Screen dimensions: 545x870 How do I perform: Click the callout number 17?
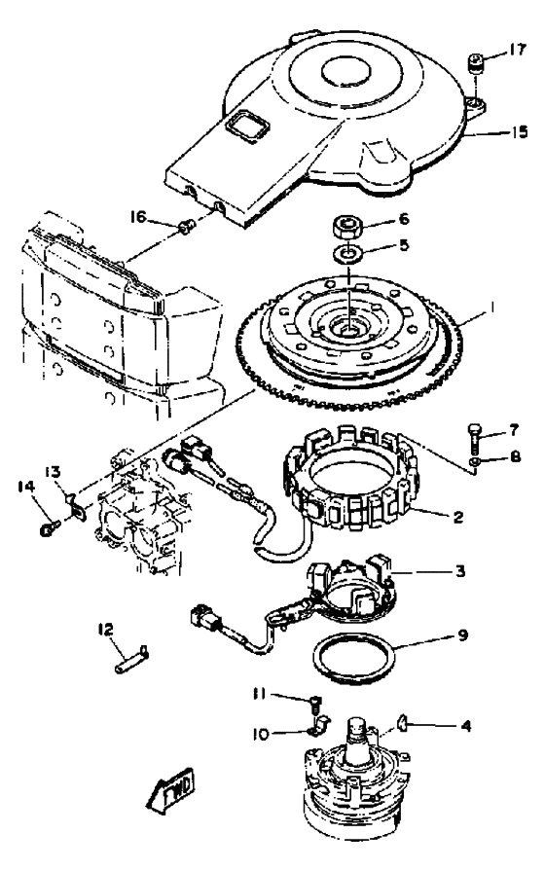[x=516, y=50]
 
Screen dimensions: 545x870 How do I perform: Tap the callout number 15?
[x=520, y=132]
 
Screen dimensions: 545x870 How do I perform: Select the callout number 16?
[x=138, y=216]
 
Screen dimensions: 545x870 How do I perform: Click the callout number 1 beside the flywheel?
[x=490, y=308]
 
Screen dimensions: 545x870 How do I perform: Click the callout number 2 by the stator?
[x=457, y=517]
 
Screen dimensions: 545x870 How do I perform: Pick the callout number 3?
[x=460, y=571]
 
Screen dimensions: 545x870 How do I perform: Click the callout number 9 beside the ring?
[x=462, y=634]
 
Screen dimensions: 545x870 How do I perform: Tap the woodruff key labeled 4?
[x=402, y=723]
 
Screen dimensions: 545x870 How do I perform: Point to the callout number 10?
[x=260, y=734]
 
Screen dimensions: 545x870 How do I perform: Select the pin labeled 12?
[x=132, y=659]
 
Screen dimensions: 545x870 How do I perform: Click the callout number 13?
[x=53, y=472]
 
